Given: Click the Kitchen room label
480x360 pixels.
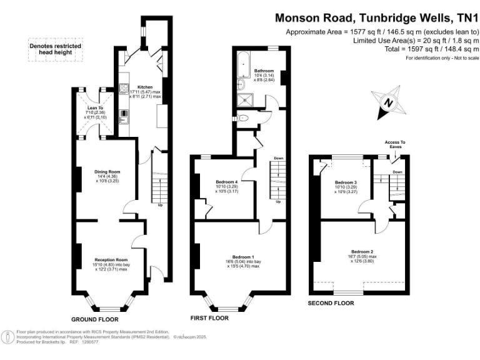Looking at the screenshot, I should coord(145,87).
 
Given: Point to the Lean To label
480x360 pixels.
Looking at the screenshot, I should coord(86,108).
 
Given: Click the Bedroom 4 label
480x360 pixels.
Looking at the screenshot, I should coord(226,182).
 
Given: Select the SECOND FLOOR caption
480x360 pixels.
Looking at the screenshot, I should coord(331,303).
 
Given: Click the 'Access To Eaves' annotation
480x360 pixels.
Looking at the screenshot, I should coord(395,144).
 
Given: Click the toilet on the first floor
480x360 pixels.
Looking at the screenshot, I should coord(244,117).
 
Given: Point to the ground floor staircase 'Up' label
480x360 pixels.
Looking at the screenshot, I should coord(161,205).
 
